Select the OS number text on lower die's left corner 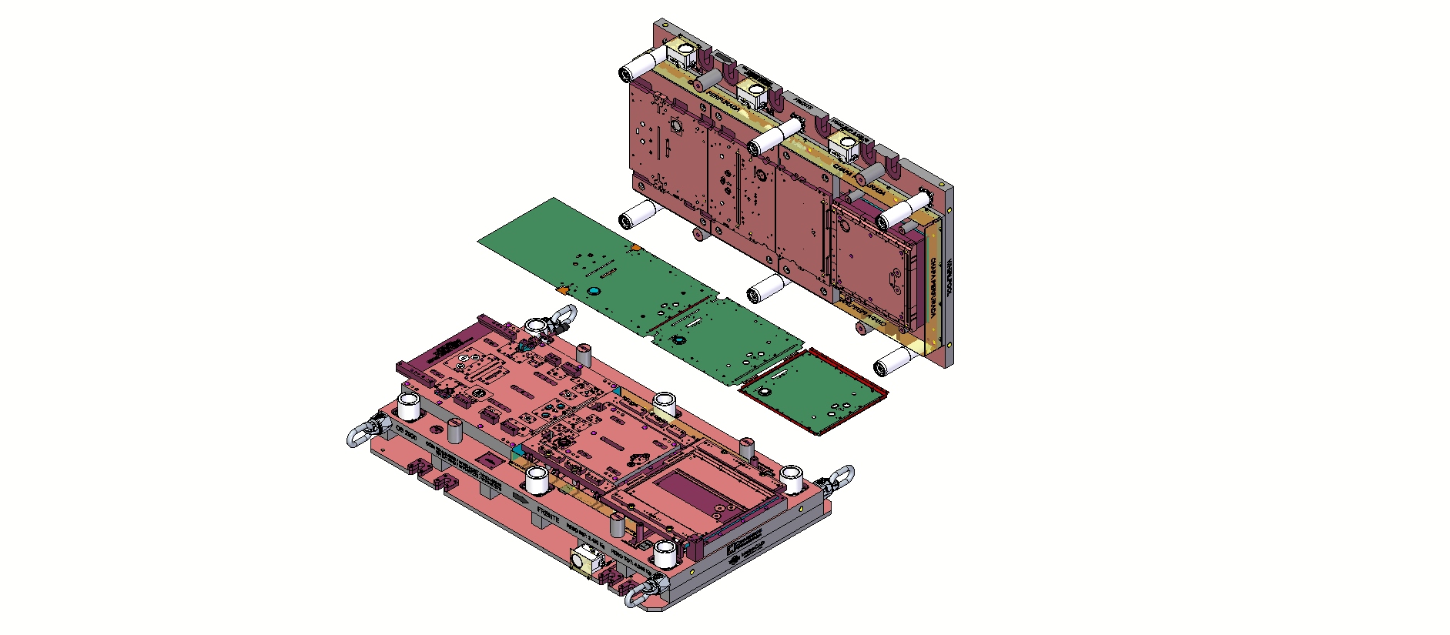[405, 432]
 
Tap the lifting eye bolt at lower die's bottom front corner [641, 594]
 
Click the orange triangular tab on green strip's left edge [563, 290]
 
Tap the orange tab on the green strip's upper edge [636, 248]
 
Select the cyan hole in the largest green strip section [594, 291]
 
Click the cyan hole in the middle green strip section [679, 339]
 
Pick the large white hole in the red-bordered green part [765, 390]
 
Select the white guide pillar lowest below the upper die [892, 361]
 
